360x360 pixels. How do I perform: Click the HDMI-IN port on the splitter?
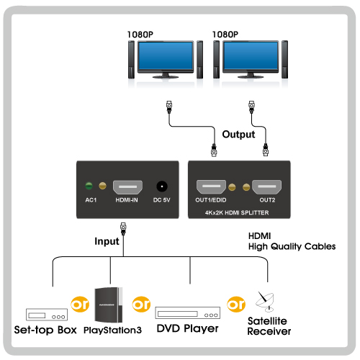[127, 187]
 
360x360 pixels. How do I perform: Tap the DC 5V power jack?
[162, 186]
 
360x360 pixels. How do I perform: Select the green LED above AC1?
[89, 186]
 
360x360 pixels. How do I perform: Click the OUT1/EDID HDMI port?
[211, 186]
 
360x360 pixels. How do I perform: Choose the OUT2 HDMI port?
[266, 186]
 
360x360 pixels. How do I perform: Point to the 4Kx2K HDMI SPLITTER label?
[237, 212]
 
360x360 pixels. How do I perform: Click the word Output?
[238, 135]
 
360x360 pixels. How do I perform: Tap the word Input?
[107, 241]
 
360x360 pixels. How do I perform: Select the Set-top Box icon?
[47, 315]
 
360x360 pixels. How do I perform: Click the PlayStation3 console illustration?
[109, 305]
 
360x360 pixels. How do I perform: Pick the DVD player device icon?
[188, 312]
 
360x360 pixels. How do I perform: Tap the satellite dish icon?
[265, 302]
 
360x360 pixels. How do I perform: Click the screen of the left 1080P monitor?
[166, 55]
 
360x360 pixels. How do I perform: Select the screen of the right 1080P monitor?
[251, 55]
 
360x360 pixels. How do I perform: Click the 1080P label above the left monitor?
[140, 35]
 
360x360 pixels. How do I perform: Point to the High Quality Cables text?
[292, 246]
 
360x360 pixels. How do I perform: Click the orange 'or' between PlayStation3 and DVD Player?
[141, 305]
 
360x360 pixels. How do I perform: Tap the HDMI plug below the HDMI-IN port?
[123, 228]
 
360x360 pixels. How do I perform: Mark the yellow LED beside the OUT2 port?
[246, 187]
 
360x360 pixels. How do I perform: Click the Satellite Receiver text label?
[269, 326]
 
